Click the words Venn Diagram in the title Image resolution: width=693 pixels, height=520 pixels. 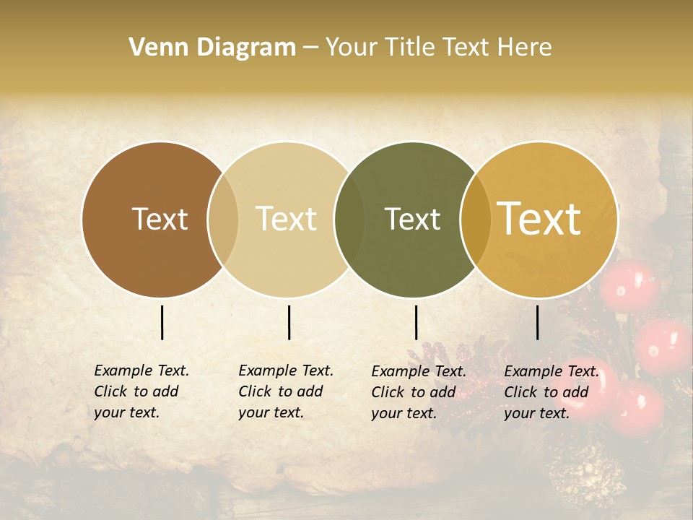tap(212, 48)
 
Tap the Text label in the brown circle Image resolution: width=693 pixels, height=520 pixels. tap(160, 219)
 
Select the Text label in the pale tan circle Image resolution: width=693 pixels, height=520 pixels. tap(287, 219)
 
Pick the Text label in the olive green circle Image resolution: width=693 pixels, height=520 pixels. tap(412, 219)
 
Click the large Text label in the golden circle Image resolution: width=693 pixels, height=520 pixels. tap(539, 219)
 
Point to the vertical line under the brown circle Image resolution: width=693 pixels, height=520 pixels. tap(162, 322)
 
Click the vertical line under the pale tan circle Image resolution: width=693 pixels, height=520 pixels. tap(289, 322)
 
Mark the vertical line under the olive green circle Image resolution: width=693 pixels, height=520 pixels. tap(416, 322)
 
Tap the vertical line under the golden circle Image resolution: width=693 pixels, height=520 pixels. tap(537, 322)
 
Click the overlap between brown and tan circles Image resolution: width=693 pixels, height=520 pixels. tap(223, 220)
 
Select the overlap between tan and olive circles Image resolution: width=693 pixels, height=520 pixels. tap(350, 220)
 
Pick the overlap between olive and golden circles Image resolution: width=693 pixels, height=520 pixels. tap(475, 220)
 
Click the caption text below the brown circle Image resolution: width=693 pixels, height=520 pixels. tap(141, 391)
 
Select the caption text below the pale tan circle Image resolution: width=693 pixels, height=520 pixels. tap(286, 391)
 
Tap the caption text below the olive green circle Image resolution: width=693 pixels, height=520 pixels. tap(419, 392)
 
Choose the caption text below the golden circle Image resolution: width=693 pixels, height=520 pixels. tap(552, 392)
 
